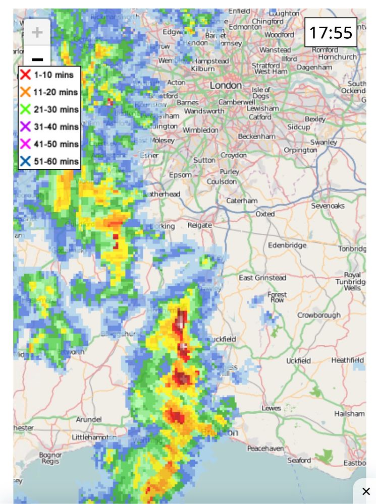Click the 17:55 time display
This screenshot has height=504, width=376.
click(331, 33)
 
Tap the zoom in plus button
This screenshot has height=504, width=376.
click(37, 33)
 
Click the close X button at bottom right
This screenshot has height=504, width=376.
click(366, 491)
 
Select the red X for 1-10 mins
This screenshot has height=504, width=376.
click(25, 75)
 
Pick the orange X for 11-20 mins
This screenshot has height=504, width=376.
click(25, 92)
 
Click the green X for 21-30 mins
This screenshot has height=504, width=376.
click(25, 109)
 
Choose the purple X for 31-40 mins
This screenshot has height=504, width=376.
click(25, 127)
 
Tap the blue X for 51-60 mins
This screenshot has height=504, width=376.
click(25, 161)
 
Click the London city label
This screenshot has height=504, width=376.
click(226, 85)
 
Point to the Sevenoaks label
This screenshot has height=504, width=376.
click(328, 206)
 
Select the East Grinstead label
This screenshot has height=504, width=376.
click(262, 278)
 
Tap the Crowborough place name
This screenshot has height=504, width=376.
click(319, 316)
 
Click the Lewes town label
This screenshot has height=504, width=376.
click(271, 408)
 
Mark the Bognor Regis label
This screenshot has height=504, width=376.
click(50, 458)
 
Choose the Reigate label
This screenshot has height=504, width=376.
click(199, 225)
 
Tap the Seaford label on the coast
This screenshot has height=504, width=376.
click(299, 460)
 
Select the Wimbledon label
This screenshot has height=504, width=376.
click(200, 130)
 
